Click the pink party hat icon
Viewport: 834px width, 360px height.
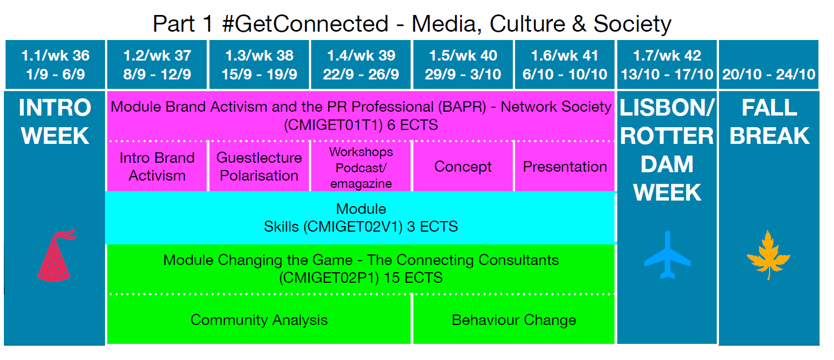pos(56,256)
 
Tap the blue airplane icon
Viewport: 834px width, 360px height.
pos(667,255)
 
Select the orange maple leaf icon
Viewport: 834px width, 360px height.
pos(768,255)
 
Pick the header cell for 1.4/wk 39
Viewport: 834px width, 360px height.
pos(361,64)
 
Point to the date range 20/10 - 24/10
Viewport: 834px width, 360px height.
pos(769,74)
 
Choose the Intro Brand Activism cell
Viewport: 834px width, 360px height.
pos(157,167)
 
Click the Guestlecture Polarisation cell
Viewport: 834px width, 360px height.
pos(259,167)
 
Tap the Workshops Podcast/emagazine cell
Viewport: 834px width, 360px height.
pos(361,167)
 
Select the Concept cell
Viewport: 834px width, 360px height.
pos(463,167)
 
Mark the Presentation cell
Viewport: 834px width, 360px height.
pos(565,167)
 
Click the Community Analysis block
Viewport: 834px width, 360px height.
pos(259,320)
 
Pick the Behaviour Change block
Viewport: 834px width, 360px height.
pos(514,320)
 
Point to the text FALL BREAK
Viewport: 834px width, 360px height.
pos(769,121)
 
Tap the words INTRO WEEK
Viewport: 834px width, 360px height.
pos(55,121)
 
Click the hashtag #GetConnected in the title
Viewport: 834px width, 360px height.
pos(305,24)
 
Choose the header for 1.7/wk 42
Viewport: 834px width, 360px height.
pos(667,64)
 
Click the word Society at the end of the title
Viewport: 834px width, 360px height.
pos(632,24)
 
